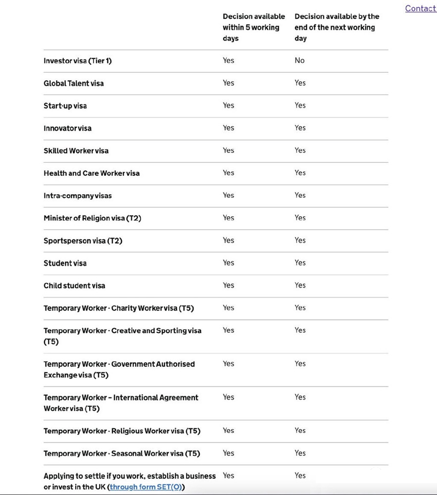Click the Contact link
pyautogui.click(x=420, y=8)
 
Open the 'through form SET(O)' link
pyautogui.click(x=146, y=487)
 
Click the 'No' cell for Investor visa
pyautogui.click(x=299, y=60)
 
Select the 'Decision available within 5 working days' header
pyautogui.click(x=253, y=27)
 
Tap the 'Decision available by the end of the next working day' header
pyautogui.click(x=337, y=27)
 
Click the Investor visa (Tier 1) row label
pyautogui.click(x=78, y=61)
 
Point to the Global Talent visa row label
pyautogui.click(x=74, y=83)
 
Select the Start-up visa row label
pyautogui.click(x=65, y=106)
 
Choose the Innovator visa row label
pyautogui.click(x=67, y=128)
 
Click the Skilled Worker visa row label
pyautogui.click(x=76, y=151)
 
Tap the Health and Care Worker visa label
pyautogui.click(x=92, y=173)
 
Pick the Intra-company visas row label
pyautogui.click(x=78, y=196)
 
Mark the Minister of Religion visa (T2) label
pyautogui.click(x=92, y=218)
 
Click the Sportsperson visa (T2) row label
pyautogui.click(x=83, y=241)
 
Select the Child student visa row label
pyautogui.click(x=74, y=286)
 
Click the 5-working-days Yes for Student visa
pyautogui.click(x=228, y=263)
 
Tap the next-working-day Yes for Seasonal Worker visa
pyautogui.click(x=300, y=453)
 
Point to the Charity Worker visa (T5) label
pyautogui.click(x=119, y=308)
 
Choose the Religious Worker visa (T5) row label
pyautogui.click(x=122, y=431)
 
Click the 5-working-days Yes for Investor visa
pyautogui.click(x=228, y=60)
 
